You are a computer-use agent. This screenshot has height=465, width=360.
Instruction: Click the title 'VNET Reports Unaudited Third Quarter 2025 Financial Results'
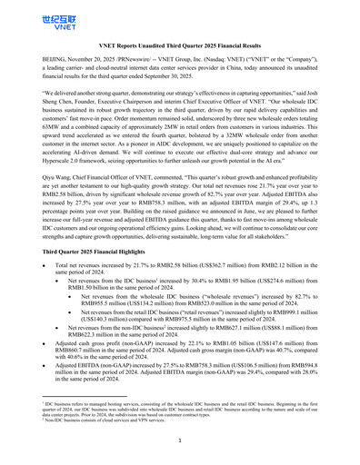tap(179, 44)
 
